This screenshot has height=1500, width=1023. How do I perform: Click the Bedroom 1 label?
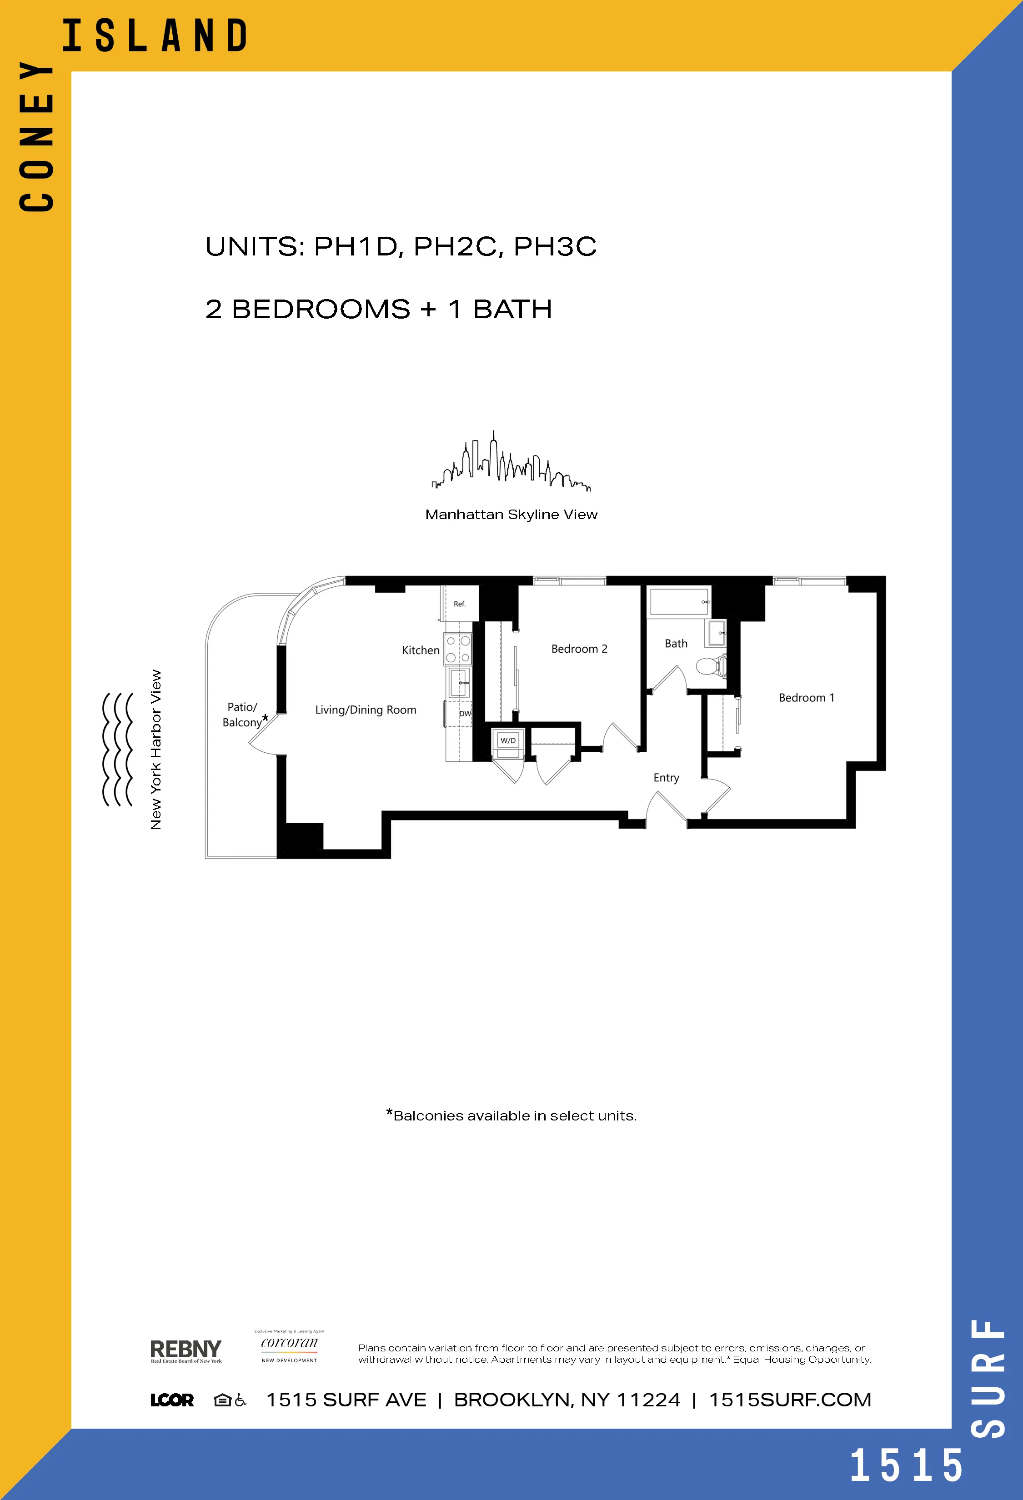coord(806,698)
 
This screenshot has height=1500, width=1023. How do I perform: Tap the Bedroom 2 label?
coord(579,649)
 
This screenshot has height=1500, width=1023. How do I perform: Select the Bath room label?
coord(676,644)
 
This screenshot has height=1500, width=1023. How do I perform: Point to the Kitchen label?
coord(420,650)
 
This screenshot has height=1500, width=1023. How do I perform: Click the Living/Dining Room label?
coord(365,710)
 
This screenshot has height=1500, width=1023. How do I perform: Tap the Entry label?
coord(666,778)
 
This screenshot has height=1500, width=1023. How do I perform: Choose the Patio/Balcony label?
coord(242,715)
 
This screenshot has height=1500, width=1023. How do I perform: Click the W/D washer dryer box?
coord(508,740)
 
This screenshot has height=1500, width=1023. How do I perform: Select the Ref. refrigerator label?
coord(460,604)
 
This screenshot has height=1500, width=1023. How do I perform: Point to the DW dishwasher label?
coord(465,713)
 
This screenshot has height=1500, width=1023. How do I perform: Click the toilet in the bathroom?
coord(711,665)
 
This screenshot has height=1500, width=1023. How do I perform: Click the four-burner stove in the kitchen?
coord(457,649)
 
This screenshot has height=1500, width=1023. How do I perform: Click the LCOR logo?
coord(172,1400)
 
